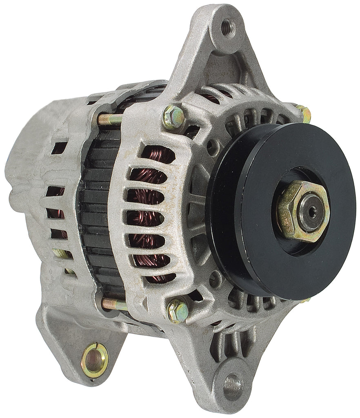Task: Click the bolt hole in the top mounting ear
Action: (226, 27)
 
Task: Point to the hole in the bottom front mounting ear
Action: (233, 384)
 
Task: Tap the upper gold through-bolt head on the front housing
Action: (173, 116)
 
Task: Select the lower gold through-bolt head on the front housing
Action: (178, 311)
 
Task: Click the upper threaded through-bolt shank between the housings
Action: (109, 119)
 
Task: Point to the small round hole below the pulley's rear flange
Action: (215, 280)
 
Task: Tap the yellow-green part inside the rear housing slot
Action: (61, 254)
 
